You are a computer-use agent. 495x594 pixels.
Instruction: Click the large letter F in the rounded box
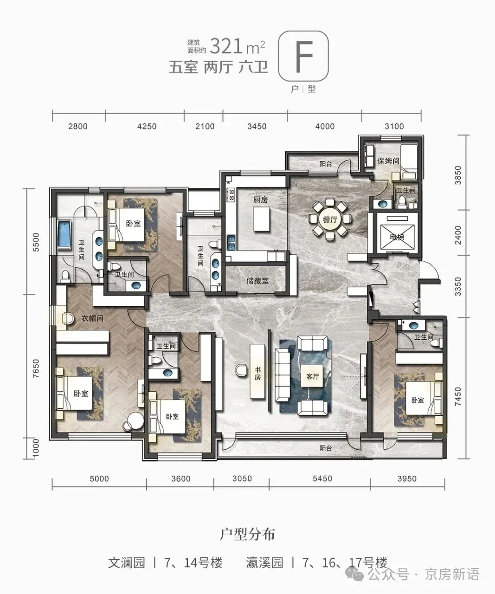click(x=303, y=56)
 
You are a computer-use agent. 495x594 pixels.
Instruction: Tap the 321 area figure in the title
click(x=226, y=46)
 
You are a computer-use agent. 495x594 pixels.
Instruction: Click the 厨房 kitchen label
click(x=261, y=200)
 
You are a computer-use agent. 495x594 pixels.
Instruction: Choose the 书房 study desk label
click(x=257, y=374)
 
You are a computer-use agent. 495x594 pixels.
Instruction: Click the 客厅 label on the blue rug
click(x=313, y=376)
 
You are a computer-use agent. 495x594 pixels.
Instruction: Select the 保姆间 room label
click(x=388, y=161)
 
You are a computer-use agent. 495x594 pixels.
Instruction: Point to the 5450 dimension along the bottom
click(x=322, y=478)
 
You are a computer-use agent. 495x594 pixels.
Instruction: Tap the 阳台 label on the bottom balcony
click(x=326, y=448)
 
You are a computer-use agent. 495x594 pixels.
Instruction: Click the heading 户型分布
click(x=247, y=534)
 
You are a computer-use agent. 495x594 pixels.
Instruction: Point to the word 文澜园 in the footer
click(x=126, y=563)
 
